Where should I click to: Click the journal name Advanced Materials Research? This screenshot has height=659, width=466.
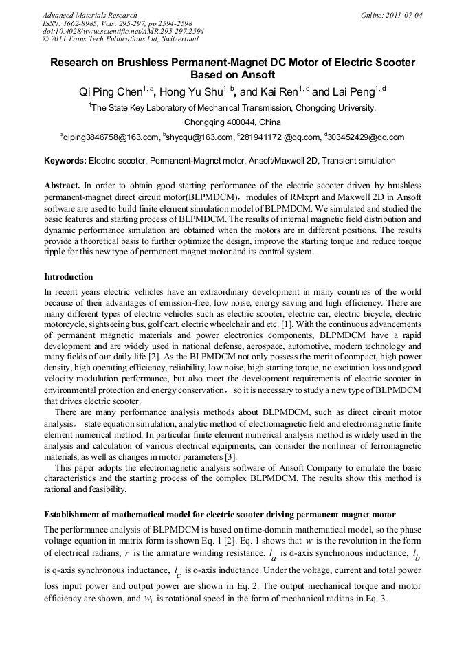[89, 15]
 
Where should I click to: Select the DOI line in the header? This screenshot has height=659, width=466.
[122, 32]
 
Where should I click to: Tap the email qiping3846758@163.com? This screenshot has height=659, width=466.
[110, 137]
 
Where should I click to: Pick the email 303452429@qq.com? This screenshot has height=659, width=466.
[366, 137]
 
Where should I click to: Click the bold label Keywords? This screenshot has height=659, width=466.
[65, 161]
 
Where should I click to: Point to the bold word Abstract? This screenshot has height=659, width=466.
[63, 186]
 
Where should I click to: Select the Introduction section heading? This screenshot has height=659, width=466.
[69, 277]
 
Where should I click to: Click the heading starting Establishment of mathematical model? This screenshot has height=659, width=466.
[220, 515]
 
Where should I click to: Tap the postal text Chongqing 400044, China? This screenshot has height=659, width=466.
[232, 122]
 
